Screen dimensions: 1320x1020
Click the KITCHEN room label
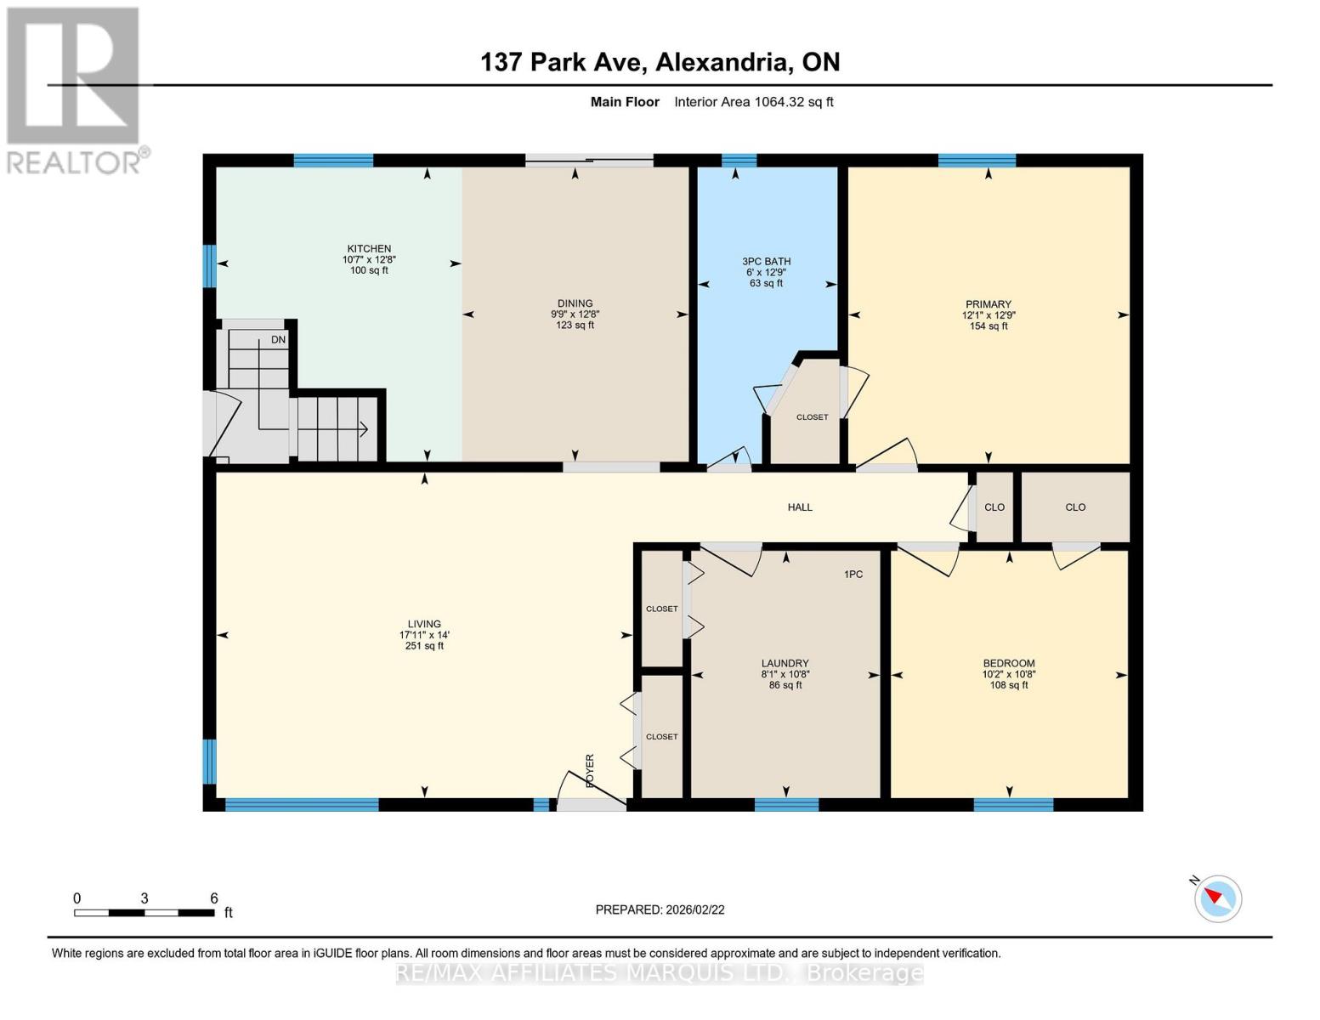coord(369,248)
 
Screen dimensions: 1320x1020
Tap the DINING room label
coord(575,303)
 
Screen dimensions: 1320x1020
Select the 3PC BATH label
coord(766,261)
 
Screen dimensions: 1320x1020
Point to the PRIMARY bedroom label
coord(989,303)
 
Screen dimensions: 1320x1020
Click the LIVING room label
coord(424,624)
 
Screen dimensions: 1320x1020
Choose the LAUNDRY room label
coord(785,663)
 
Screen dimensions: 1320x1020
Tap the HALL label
coord(800,507)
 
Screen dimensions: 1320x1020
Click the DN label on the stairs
coord(278,340)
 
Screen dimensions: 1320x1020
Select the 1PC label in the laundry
coord(853,574)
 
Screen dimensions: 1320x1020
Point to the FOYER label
coord(589,771)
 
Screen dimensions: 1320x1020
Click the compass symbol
coord(1217,898)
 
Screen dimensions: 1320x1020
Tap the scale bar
coord(144,912)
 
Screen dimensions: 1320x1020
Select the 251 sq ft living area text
coord(424,646)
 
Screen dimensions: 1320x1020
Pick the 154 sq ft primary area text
coord(989,326)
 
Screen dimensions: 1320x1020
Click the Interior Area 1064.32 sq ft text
coord(753,102)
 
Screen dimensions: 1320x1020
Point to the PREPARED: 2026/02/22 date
coord(660,909)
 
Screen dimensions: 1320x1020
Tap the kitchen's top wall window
coord(333,161)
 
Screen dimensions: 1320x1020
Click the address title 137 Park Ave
coord(562,62)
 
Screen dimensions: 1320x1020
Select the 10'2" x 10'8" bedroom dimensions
coord(1008,674)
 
